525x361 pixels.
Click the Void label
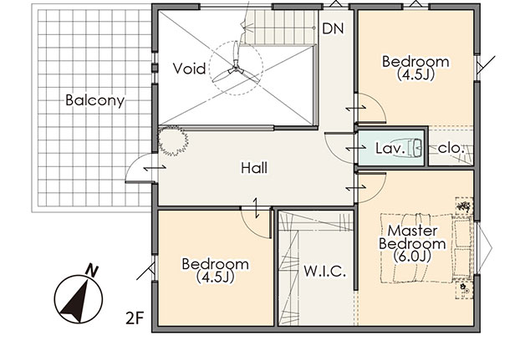[189, 69]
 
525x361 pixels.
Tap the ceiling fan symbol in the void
[236, 69]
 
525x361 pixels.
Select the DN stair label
[333, 28]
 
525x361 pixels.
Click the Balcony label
[95, 100]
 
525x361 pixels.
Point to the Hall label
[254, 168]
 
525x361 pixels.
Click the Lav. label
[390, 148]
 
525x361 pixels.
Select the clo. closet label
[451, 148]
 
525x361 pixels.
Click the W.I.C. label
[324, 272]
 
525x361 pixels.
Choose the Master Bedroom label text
[412, 237]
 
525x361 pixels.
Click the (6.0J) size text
[412, 257]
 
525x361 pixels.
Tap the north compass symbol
[79, 299]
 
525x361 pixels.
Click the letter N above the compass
[92, 270]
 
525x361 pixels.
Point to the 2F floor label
[135, 318]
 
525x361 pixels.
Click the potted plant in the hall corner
[173, 140]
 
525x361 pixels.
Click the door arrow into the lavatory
[355, 147]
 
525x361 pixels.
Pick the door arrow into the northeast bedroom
[355, 108]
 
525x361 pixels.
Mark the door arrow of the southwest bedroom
[256, 208]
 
